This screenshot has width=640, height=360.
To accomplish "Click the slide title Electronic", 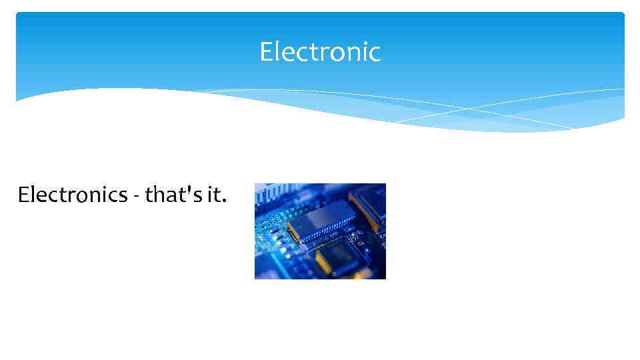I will (x=320, y=52).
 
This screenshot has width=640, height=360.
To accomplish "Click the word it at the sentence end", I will (x=214, y=195).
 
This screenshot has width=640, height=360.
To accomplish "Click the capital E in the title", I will (x=265, y=52).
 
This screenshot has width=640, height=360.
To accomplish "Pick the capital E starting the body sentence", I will (x=24, y=195).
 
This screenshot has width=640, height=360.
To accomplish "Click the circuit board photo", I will (x=320, y=231).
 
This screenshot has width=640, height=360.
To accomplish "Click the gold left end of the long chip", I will (x=292, y=231).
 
